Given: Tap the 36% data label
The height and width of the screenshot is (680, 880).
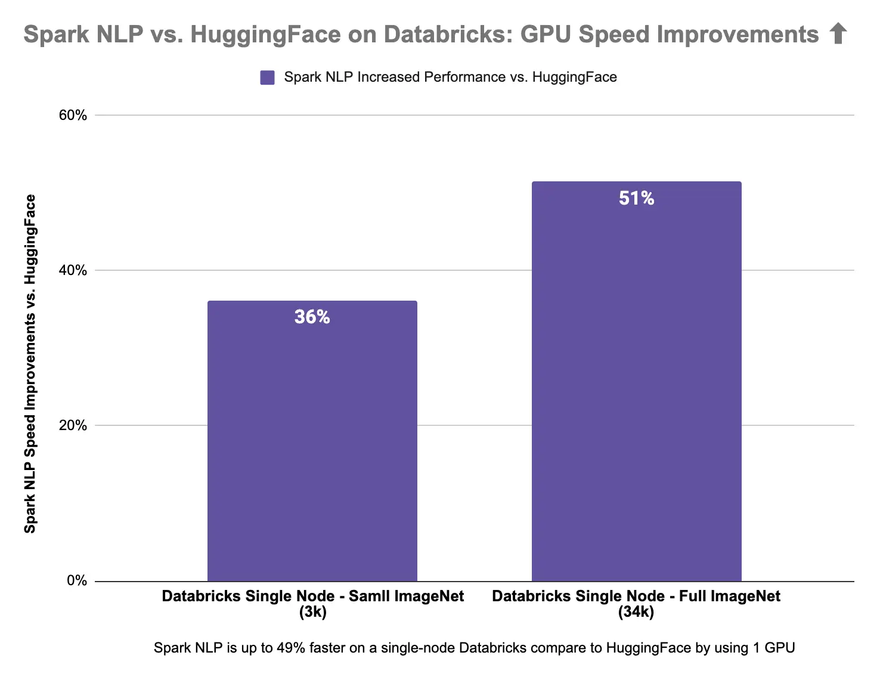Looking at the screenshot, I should [312, 317].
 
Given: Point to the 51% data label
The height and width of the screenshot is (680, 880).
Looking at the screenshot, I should [636, 198].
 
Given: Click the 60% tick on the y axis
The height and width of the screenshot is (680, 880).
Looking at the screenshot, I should [73, 115].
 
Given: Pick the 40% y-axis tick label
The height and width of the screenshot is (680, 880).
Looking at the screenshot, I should [73, 270].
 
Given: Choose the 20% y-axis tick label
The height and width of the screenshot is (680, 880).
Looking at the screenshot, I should [73, 425].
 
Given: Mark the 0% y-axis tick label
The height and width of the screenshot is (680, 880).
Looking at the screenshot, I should [77, 580].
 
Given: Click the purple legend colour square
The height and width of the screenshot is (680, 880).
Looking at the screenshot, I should [267, 78].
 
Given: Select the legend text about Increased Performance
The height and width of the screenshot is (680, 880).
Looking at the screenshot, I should [450, 77].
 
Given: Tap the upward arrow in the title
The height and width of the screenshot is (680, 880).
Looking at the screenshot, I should [838, 34].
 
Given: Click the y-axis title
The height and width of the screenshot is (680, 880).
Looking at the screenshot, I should [30, 364].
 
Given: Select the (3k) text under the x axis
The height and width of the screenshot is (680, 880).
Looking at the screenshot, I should [312, 612].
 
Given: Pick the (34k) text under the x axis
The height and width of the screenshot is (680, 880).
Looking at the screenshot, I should [636, 612].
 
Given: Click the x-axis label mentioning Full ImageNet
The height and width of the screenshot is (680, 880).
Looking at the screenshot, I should [636, 596].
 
